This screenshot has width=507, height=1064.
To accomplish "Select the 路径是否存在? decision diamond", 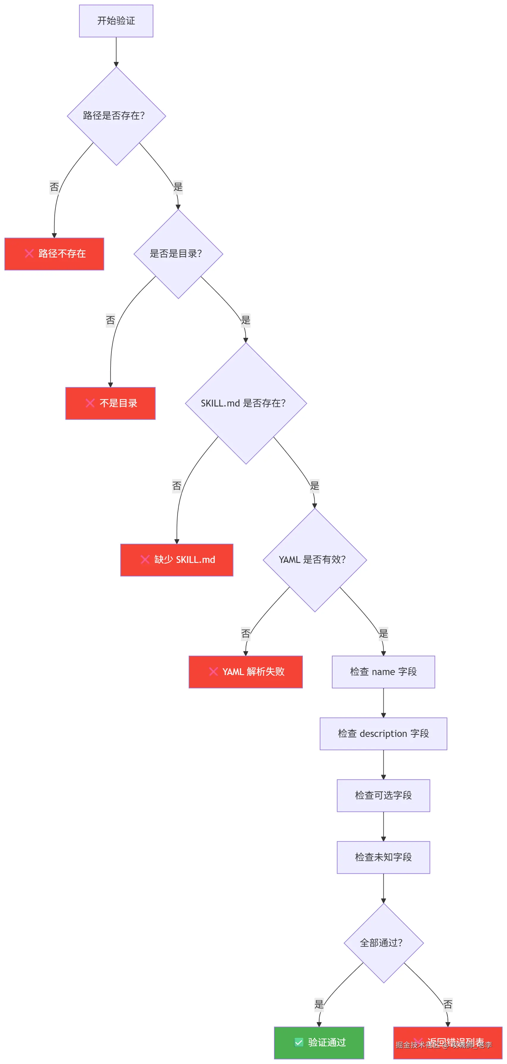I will pyautogui.click(x=116, y=116).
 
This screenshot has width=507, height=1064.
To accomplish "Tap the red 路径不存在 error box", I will pyautogui.click(x=54, y=254).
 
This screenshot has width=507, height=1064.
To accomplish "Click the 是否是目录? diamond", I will pyautogui.click(x=178, y=254).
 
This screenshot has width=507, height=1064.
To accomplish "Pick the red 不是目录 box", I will pyautogui.click(x=110, y=403).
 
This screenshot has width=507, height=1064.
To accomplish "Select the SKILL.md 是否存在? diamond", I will pyautogui.click(x=246, y=403).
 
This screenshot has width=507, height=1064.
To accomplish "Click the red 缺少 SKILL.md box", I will pyautogui.click(x=177, y=560).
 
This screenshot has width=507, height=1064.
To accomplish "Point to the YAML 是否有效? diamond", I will pyautogui.click(x=315, y=560).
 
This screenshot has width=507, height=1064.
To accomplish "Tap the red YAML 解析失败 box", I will pyautogui.click(x=246, y=671).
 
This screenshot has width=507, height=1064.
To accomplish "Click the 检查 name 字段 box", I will pyautogui.click(x=383, y=671).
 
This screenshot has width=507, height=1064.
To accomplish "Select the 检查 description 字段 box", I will pyautogui.click(x=383, y=734).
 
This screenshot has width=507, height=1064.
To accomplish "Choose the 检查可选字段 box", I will pyautogui.click(x=383, y=795).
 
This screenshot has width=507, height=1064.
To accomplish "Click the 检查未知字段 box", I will pyautogui.click(x=383, y=857).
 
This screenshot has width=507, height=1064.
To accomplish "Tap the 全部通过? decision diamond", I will pyautogui.click(x=383, y=943).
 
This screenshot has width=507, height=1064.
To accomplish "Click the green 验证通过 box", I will pyautogui.click(x=319, y=1043).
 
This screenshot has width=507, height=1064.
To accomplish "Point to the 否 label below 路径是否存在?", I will pyautogui.click(x=54, y=187).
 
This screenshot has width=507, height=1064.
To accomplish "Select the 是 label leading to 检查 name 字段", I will pyautogui.click(x=383, y=633).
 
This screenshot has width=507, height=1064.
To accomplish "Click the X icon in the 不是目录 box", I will pyautogui.click(x=90, y=403).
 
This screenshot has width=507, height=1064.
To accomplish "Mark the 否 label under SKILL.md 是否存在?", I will pyautogui.click(x=177, y=486).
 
